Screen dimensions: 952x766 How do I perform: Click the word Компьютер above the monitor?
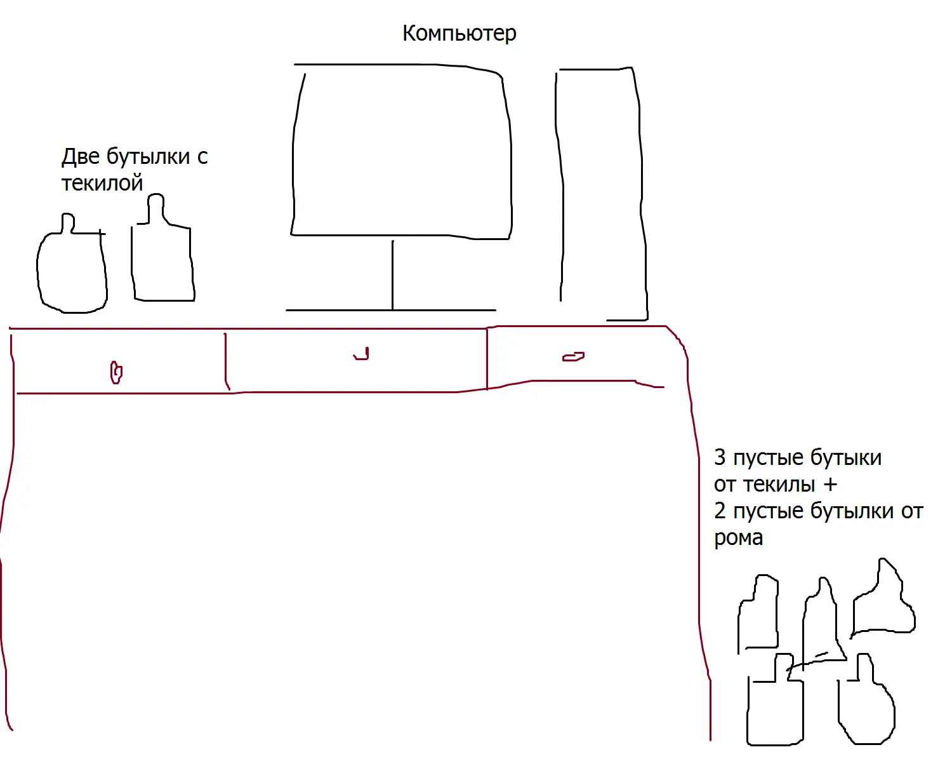459,34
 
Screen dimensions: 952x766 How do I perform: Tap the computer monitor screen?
402,151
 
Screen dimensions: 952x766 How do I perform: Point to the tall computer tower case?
602,194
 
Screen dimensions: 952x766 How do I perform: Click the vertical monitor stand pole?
392,275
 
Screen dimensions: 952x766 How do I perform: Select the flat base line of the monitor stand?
390,310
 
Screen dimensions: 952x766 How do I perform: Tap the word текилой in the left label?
102,183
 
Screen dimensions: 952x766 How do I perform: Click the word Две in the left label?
81,156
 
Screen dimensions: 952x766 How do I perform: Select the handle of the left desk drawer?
116,372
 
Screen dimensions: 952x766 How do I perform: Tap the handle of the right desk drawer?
573,356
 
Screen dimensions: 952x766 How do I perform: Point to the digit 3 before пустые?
720,458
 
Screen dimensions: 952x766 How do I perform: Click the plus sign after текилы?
830,485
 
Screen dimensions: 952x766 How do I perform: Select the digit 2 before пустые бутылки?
720,511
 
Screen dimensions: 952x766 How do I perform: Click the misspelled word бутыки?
846,458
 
